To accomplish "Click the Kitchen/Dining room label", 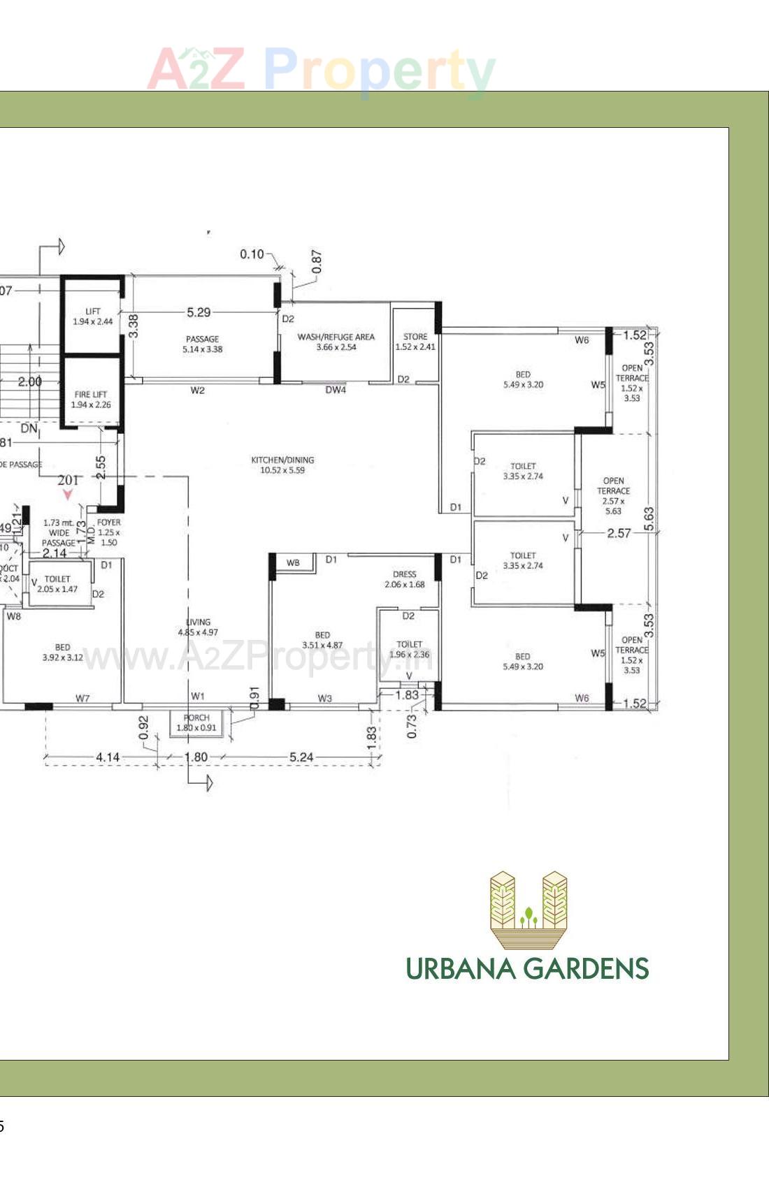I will tap(282, 465).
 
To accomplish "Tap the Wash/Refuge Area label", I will tap(336, 342).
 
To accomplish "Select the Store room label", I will tap(415, 342).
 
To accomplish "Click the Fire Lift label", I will tap(91, 399).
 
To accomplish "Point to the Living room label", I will tap(198, 627).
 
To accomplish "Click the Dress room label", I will tap(404, 579).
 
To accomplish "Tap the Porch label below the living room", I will tap(196, 722).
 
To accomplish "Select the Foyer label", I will tap(108, 532).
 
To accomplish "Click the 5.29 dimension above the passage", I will tap(199, 312).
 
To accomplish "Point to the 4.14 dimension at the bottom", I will tap(108, 757).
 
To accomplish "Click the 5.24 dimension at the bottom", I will tap(301, 757).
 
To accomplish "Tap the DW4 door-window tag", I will tap(336, 390).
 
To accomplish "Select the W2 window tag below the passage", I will tap(198, 390).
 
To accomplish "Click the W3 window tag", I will tap(325, 698).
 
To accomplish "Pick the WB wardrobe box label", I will tap(293, 562).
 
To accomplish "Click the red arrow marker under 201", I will tap(68, 494).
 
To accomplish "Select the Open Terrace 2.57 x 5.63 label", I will tap(613, 495).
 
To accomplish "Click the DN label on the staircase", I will tap(29, 428).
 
